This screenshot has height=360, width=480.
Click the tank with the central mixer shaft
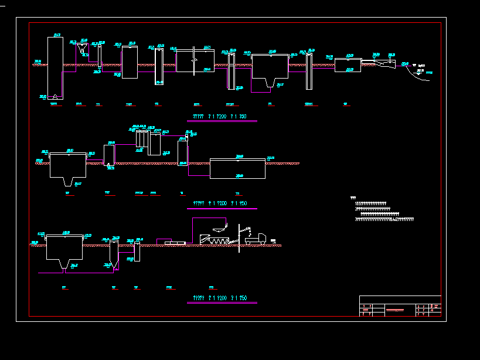click(195, 60)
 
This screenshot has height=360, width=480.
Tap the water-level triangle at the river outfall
click(414, 65)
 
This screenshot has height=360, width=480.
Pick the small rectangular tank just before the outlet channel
click(348, 64)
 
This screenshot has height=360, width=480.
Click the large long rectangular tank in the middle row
click(237, 168)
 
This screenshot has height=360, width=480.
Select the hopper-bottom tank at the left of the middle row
click(68, 167)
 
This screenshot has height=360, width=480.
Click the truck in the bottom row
click(256, 239)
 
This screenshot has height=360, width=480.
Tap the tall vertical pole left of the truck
click(239, 237)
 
